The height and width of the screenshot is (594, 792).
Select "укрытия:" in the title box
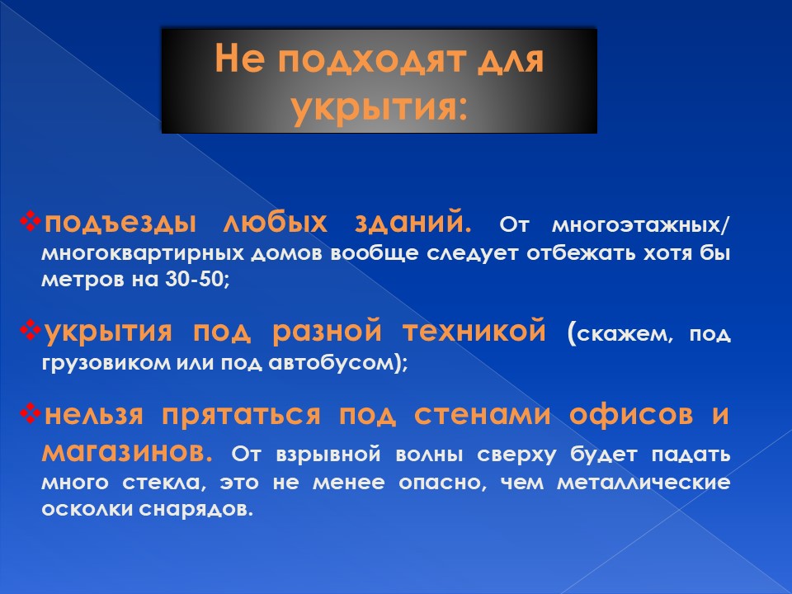379,108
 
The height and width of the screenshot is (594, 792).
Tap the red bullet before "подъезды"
30,221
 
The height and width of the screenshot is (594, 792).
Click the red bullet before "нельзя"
30,413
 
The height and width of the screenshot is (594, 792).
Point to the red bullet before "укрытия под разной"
30,330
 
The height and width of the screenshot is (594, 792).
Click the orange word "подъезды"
120,223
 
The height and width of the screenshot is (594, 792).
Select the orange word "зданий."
412,223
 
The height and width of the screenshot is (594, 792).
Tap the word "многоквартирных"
143,253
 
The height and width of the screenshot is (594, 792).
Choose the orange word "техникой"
474,331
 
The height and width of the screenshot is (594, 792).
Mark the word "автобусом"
330,363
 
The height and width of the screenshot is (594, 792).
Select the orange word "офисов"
631,415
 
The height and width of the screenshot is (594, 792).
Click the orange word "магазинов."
127,452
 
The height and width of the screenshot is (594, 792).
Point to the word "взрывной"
328,455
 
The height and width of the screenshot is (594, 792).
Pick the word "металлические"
643,483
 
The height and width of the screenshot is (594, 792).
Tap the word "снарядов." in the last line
196,509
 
